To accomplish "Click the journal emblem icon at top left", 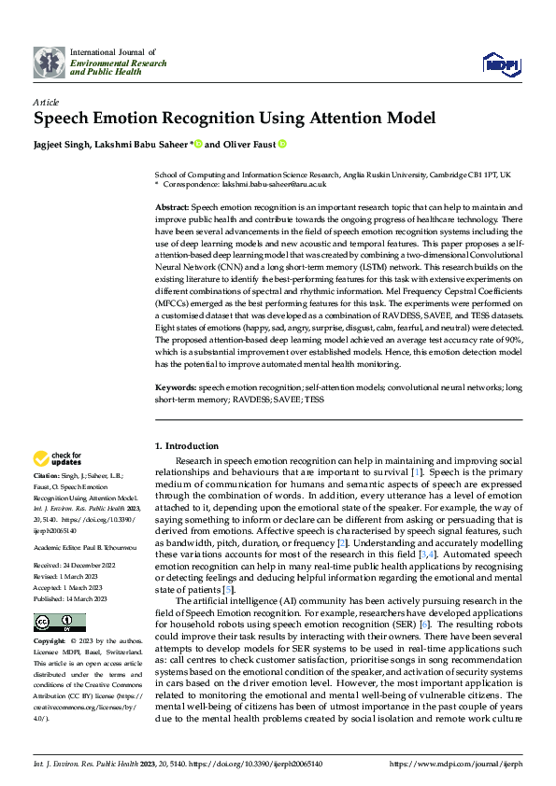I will (x=50, y=62).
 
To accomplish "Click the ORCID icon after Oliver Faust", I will (x=280, y=145).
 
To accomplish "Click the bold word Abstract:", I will (x=171, y=205).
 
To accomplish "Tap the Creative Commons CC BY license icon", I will (x=59, y=623).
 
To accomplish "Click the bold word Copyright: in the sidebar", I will (x=49, y=642).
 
